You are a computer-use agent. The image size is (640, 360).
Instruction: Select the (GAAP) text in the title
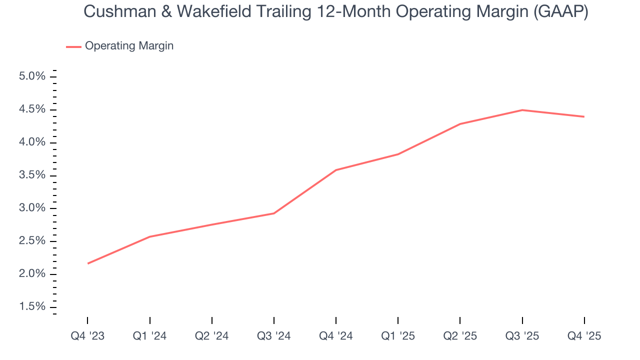(x=559, y=12)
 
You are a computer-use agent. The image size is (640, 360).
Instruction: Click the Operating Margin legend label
(x=129, y=46)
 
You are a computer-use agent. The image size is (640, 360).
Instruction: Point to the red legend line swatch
(x=73, y=46)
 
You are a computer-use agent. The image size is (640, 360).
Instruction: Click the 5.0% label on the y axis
(x=32, y=76)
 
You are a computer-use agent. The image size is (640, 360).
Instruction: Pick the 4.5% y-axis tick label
(x=32, y=109)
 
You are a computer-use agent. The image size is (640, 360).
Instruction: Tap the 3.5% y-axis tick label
(x=32, y=175)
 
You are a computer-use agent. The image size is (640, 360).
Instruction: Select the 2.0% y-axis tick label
(x=32, y=274)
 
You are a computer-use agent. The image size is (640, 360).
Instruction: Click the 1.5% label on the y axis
(x=32, y=306)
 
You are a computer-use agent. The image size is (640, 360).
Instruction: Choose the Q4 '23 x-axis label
(x=87, y=336)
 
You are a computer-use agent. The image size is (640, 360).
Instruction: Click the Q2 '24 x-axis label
(x=211, y=336)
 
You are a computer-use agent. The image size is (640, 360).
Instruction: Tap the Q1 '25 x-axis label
(x=398, y=336)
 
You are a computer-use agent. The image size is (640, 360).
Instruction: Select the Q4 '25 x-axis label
(x=584, y=336)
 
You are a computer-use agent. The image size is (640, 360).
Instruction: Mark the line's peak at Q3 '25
(x=522, y=110)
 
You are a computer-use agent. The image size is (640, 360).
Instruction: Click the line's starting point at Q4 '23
(x=88, y=263)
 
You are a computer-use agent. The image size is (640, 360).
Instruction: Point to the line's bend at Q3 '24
(x=274, y=213)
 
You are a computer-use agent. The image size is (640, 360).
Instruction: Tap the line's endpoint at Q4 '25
(x=584, y=116)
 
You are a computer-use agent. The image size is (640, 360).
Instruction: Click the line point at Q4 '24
(x=336, y=170)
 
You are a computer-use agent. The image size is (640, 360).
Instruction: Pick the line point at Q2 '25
(x=460, y=124)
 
